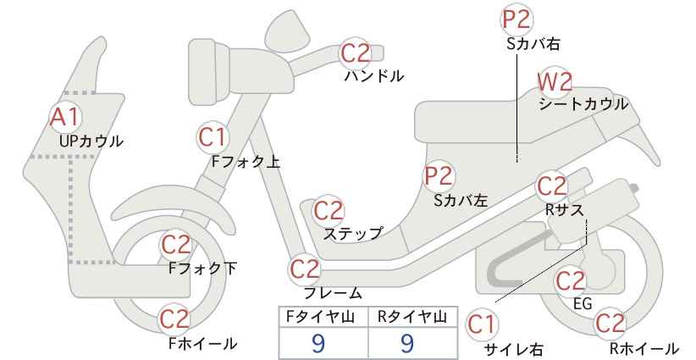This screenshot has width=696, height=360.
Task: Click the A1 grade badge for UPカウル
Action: click(x=65, y=117)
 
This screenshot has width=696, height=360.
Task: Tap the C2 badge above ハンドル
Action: click(x=355, y=53)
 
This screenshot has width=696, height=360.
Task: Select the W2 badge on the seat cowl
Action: click(x=555, y=82)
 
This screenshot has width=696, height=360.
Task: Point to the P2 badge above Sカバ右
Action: click(x=517, y=19)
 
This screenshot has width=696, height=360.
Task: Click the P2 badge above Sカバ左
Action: click(x=439, y=176)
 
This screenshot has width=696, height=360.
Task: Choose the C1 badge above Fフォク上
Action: click(x=213, y=137)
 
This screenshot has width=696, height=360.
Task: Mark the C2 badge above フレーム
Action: click(x=305, y=269)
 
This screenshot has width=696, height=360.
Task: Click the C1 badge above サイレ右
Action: click(x=481, y=325)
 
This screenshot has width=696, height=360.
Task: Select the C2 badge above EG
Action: click(x=571, y=281)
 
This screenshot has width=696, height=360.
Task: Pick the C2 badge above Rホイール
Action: click(x=610, y=324)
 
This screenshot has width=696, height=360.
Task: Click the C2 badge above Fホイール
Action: click(x=175, y=319)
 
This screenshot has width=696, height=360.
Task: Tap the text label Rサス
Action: click(x=564, y=210)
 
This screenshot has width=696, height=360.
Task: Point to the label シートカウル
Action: click(x=583, y=104)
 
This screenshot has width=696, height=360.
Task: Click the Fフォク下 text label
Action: click(x=203, y=269)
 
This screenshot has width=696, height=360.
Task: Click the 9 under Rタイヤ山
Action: click(x=407, y=343)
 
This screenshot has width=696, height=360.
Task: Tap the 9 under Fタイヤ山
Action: click(x=318, y=343)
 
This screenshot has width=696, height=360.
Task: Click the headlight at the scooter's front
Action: click(x=209, y=72)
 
